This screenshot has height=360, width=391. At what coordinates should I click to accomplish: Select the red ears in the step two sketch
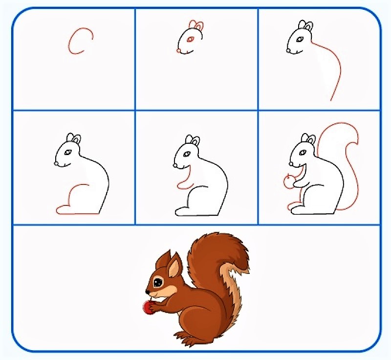pos(197,26)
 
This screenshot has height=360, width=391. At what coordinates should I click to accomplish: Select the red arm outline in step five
pos(183,184)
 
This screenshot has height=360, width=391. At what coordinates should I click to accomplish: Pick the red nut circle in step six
pos(289,182)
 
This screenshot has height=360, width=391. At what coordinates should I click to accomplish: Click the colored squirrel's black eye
pos(157,283)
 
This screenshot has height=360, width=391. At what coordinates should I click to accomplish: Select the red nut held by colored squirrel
pos(147,307)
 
